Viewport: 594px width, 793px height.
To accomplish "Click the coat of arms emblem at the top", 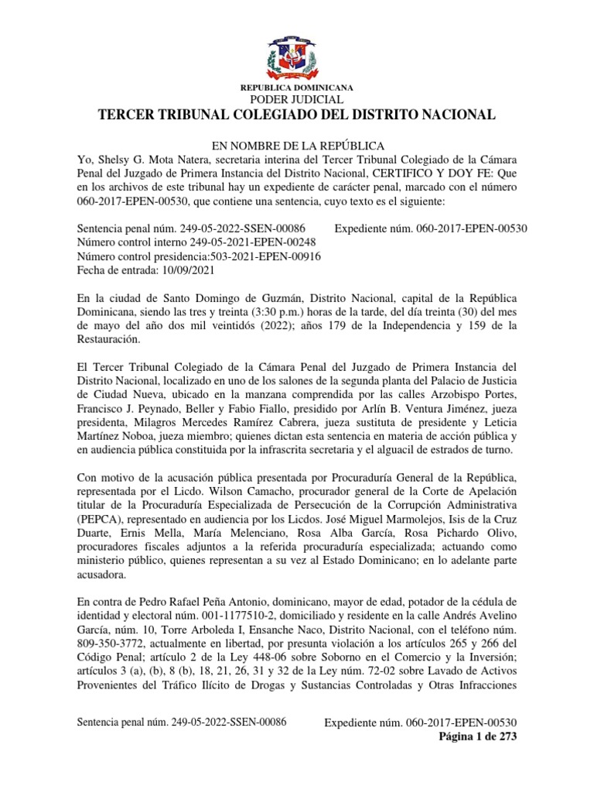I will tap(297, 51).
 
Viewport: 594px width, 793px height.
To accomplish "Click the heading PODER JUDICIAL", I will tap(297, 100).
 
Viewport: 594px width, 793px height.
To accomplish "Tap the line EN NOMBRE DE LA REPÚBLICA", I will tap(297, 146).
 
